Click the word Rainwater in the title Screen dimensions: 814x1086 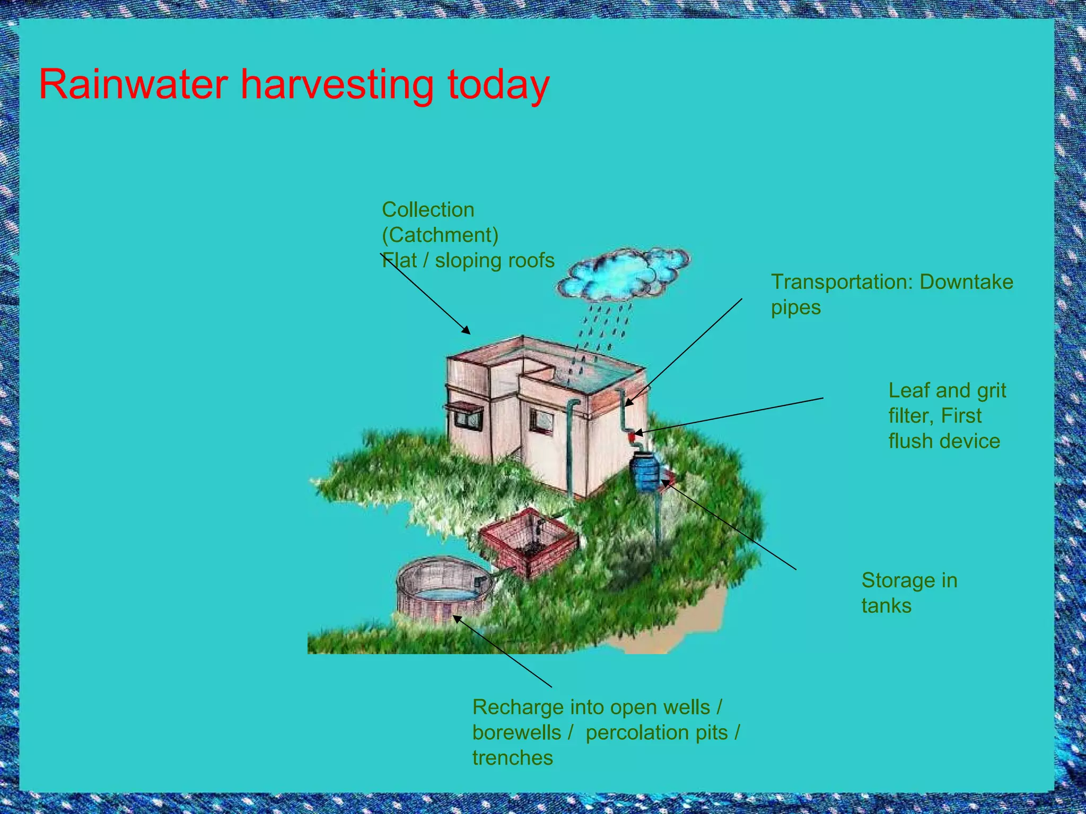(133, 84)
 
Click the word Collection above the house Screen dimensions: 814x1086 (428, 210)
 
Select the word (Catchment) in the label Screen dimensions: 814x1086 (440, 235)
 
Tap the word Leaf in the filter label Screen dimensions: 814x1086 (909, 391)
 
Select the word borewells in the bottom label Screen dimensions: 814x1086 (516, 732)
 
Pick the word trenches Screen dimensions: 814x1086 (512, 758)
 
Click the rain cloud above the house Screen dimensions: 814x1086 (623, 274)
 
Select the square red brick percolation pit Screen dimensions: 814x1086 (528, 541)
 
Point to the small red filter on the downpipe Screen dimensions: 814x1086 (632, 437)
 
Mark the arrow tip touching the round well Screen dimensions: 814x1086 (456, 617)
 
